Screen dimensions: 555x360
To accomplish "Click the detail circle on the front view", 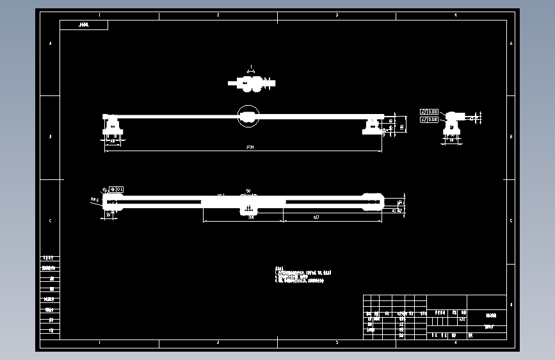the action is pyautogui.click(x=248, y=116).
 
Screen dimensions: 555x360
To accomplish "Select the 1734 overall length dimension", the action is pyautogui.click(x=250, y=147).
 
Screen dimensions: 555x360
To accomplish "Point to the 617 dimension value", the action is pyautogui.click(x=316, y=218).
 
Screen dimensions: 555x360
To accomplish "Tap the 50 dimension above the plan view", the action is pyautogui.click(x=248, y=191).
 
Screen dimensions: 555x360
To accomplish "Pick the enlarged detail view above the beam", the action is pyautogui.click(x=253, y=83).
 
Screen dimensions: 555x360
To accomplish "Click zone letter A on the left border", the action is pyautogui.click(x=51, y=44).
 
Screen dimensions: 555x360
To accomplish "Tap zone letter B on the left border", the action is pyautogui.click(x=51, y=136).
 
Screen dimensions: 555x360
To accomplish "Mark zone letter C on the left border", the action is pyautogui.click(x=51, y=221).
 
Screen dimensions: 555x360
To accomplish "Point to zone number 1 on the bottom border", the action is pyautogui.click(x=99, y=343).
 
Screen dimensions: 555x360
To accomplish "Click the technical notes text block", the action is pyautogui.click(x=302, y=275).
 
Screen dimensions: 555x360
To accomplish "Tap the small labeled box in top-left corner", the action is pyautogui.click(x=84, y=25).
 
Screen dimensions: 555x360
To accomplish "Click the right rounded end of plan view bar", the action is pyautogui.click(x=373, y=202).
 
